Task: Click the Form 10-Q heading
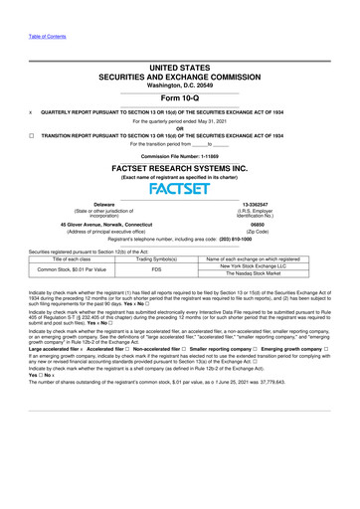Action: [179, 101]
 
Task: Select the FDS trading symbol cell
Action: [155, 268]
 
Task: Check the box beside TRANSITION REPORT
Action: [11, 132]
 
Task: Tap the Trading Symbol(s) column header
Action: [155, 256]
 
